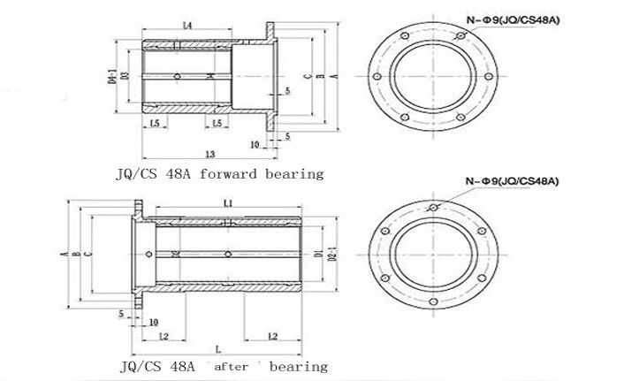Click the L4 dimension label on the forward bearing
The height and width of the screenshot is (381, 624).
pos(186,26)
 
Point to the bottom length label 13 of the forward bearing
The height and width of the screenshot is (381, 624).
pos(210,154)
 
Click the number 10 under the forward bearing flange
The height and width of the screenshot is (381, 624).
pos(255,143)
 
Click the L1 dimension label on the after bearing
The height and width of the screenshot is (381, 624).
pos(229,203)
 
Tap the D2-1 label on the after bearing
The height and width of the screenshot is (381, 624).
pos(332,255)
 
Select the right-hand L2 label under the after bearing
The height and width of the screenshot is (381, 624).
pos(272,337)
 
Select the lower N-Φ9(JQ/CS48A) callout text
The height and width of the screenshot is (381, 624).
pos(514,181)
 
